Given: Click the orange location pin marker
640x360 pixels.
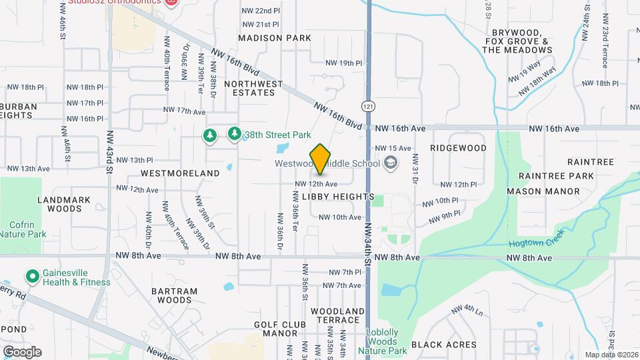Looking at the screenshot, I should pyautogui.click(x=320, y=159).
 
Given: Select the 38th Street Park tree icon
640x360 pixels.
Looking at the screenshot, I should pyautogui.click(x=234, y=135).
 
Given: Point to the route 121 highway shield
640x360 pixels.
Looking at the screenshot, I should pyautogui.click(x=367, y=106).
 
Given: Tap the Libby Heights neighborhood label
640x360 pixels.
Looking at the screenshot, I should pyautogui.click(x=338, y=197).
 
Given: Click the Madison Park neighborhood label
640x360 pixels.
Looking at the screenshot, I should pyautogui.click(x=275, y=38).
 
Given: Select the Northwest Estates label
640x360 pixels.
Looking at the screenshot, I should pyautogui.click(x=249, y=88).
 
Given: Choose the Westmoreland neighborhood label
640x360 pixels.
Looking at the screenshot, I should pyautogui.click(x=180, y=173).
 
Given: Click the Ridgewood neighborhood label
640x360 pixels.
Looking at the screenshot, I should pyautogui.click(x=458, y=148).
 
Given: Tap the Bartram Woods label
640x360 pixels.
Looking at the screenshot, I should pyautogui.click(x=175, y=295).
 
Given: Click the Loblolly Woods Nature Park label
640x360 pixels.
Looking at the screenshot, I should pyautogui.click(x=387, y=341).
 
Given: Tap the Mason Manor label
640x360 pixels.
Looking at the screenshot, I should pyautogui.click(x=543, y=191).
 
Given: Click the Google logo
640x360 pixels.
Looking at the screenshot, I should pyautogui.click(x=22, y=352).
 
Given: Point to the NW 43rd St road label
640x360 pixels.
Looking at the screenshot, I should pyautogui.click(x=109, y=150).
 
